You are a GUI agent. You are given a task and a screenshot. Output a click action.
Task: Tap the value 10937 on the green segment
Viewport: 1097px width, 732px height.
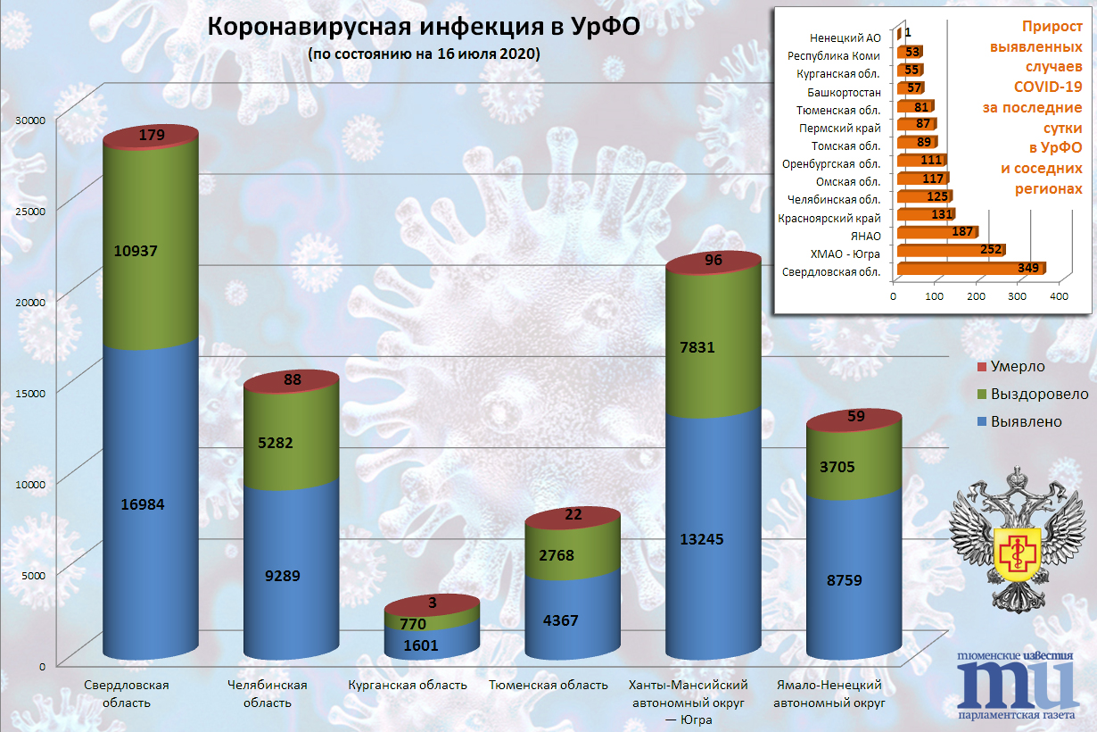tap(136, 252)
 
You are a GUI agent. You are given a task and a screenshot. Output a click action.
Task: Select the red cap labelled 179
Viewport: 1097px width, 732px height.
tap(150, 136)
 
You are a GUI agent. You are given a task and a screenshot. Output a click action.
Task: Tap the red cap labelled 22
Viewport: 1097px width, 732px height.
tap(573, 515)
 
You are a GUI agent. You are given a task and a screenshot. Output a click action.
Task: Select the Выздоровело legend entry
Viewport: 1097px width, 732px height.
tap(1032, 394)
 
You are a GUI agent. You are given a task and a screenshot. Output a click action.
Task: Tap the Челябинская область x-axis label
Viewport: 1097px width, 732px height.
tap(268, 694)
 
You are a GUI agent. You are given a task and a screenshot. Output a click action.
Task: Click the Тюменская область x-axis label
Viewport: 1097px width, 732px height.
tap(548, 686)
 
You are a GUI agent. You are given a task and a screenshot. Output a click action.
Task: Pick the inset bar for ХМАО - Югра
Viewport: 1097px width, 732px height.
tap(950, 251)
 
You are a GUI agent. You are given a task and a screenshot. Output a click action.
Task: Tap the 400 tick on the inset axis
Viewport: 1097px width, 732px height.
tap(1060, 295)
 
